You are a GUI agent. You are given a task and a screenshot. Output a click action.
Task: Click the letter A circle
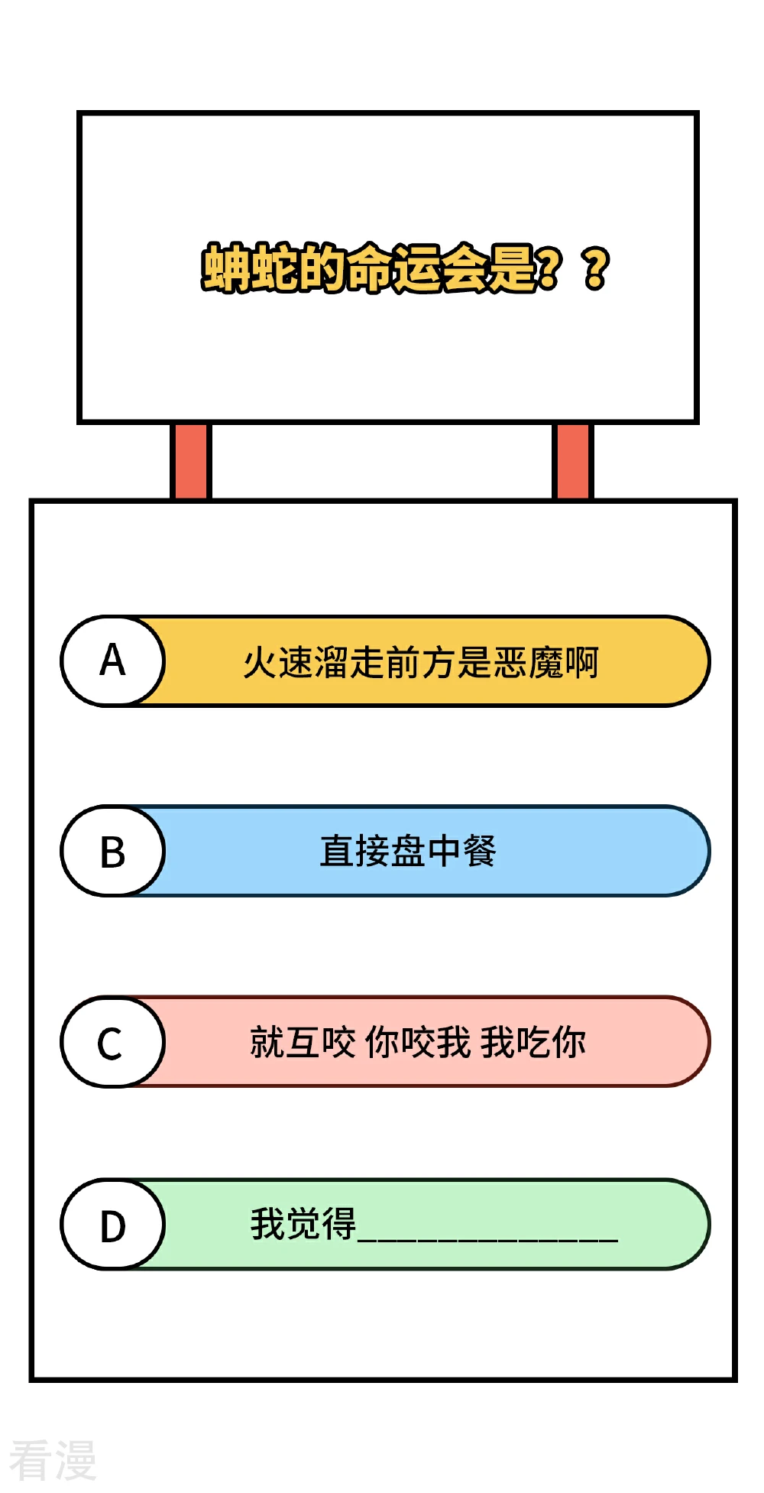click(113, 660)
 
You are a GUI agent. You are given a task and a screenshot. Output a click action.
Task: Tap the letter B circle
click(113, 851)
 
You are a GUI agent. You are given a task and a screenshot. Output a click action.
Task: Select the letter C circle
click(113, 1041)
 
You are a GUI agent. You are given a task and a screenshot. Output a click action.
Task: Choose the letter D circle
click(113, 1225)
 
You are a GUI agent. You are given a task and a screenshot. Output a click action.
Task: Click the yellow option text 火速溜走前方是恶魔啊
click(420, 662)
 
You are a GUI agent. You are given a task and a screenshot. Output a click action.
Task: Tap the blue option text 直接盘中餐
click(408, 851)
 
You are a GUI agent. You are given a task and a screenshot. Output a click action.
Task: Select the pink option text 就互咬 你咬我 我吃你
click(418, 1042)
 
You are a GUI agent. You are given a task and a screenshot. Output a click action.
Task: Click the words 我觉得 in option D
click(303, 1224)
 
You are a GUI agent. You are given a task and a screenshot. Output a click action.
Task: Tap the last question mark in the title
click(596, 268)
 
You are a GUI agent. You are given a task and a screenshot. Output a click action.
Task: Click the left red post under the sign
click(190, 461)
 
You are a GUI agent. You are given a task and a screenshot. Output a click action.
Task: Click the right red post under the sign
click(572, 461)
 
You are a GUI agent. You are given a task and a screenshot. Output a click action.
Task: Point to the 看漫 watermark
click(53, 1459)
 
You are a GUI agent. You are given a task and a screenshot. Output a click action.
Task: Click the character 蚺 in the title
click(225, 268)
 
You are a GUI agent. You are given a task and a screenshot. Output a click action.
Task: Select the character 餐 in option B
click(480, 851)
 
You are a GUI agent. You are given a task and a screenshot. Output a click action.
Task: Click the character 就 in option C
click(267, 1042)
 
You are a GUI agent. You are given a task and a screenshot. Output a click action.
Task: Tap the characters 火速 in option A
click(278, 662)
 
